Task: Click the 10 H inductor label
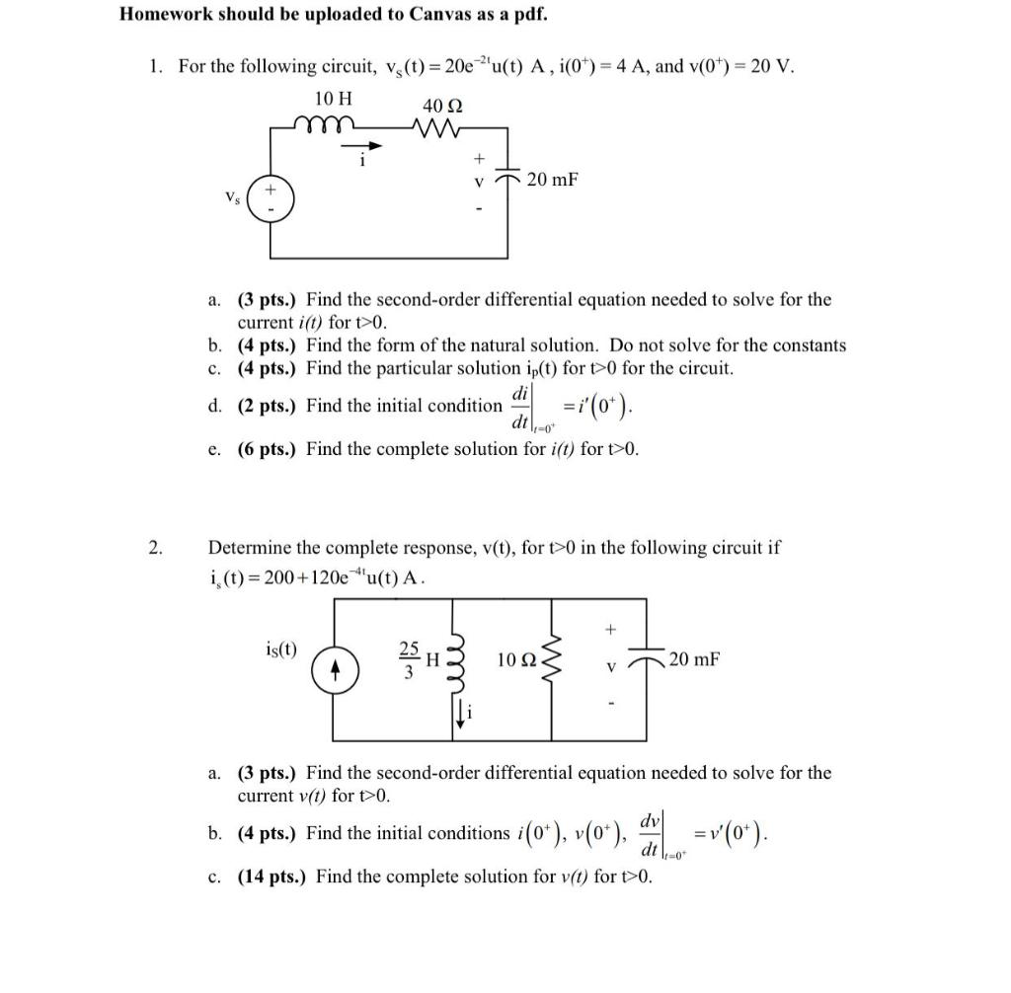pyautogui.click(x=333, y=99)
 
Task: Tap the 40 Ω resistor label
pyautogui.click(x=443, y=106)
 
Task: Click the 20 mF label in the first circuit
pyautogui.click(x=552, y=180)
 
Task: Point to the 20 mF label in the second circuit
pyautogui.click(x=694, y=657)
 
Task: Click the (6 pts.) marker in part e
pyautogui.click(x=269, y=449)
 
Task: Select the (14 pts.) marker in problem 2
pyautogui.click(x=273, y=877)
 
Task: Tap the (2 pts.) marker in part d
pyautogui.click(x=269, y=406)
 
